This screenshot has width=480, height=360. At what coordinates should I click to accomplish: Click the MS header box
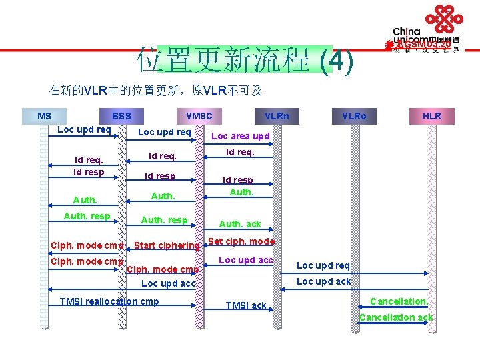pos(45,116)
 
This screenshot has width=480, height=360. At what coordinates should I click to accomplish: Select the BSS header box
pos(121,116)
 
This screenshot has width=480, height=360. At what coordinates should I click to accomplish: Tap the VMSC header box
pos(199,116)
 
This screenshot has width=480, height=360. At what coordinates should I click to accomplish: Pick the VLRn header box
pos(277,116)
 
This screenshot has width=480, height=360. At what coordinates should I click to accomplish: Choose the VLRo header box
pos(354,116)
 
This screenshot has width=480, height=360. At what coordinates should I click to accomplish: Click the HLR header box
pos(432,116)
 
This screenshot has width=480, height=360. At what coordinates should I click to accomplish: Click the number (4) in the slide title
pos(336,61)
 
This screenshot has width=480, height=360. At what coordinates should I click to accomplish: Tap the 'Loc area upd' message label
pos(240,136)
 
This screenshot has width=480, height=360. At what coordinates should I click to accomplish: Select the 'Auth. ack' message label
pos(240,224)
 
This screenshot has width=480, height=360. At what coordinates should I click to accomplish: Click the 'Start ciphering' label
pos(167,245)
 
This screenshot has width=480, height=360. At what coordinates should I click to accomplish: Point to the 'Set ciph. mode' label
pos(241,241)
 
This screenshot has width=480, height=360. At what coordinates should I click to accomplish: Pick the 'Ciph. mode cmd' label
pos(87,245)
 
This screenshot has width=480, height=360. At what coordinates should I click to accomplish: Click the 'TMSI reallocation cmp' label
pos(110,301)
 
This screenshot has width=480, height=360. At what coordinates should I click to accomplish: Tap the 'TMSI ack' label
pos(246,305)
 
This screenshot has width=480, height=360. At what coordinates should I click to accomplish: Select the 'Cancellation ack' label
pos(396,317)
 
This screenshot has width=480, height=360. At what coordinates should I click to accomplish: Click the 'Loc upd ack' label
pos(323,281)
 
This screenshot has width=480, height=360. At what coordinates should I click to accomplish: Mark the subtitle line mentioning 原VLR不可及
pos(155,91)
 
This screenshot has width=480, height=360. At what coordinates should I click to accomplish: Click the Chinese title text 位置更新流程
pos(223,61)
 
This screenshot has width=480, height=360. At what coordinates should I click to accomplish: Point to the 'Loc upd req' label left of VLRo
pos(323,265)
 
